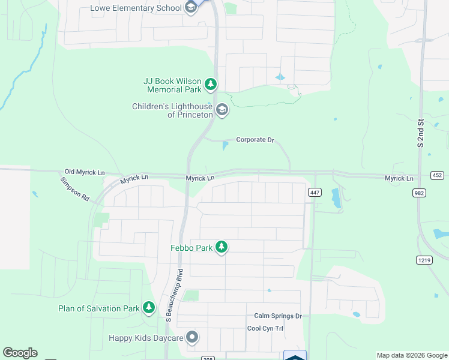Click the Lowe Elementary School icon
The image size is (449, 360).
click(191, 8)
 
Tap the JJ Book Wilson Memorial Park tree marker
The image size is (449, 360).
click(211, 85)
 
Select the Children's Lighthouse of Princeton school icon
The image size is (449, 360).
click(222, 110)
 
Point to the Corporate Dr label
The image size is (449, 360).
click(255, 140)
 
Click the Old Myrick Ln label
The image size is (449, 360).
click(85, 172)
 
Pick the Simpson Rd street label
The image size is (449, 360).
click(74, 188)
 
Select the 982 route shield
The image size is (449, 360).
click(419, 193)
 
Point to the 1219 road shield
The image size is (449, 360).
click(423, 259)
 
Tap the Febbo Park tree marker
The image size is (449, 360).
click(221, 247)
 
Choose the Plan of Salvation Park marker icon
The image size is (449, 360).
click(149, 308)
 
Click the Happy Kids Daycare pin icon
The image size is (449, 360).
click(192, 338)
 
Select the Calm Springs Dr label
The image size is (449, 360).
click(277, 316)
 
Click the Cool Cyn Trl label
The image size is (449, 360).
click(265, 328)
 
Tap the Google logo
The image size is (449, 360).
click(20, 353)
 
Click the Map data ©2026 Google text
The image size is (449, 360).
click(411, 355)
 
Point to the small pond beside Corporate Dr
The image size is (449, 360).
click(225, 146)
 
